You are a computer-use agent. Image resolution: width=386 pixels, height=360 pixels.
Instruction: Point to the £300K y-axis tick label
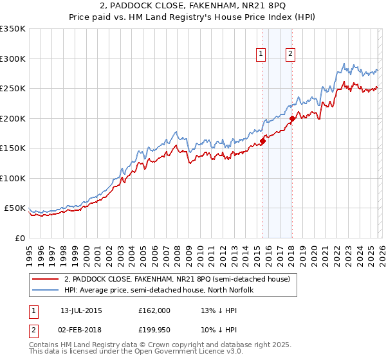coord(13,59)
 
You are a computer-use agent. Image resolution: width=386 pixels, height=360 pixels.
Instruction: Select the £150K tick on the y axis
coord(13,148)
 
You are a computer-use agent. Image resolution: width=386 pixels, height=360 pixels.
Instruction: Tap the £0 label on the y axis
coord(19,238)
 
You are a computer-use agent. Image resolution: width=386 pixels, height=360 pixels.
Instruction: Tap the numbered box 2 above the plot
coord(291,55)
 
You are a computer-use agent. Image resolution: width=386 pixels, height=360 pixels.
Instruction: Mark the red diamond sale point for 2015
coord(262,141)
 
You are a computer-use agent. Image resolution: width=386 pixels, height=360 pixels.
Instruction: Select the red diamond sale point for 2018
coord(291,118)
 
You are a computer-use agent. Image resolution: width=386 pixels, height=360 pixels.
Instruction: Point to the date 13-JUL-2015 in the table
coord(81,310)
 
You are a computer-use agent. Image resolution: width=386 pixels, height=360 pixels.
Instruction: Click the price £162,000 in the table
coord(154,310)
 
